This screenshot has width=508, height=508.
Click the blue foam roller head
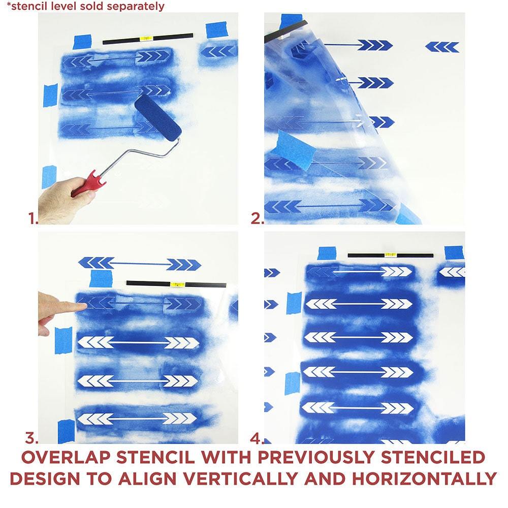tap(158, 118)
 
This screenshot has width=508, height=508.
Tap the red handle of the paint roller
tap(88, 183)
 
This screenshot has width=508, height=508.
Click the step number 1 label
tap(33, 218)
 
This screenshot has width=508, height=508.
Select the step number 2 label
tap(257, 218)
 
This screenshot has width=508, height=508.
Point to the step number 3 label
tap(31, 438)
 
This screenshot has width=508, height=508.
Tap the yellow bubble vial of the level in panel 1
tap(146, 39)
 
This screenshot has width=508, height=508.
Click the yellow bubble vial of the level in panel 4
tap(390, 255)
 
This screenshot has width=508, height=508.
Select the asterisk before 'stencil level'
tap(9, 4)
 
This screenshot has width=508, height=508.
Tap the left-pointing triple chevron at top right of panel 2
tap(442, 47)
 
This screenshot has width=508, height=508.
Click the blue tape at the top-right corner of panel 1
tap(216, 30)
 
